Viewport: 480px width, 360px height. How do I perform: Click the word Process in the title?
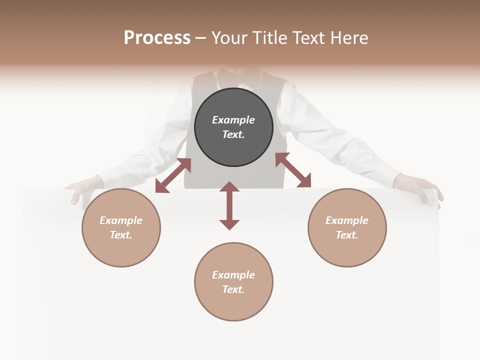pyautogui.click(x=157, y=38)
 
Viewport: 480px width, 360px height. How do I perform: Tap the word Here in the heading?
pyautogui.click(x=348, y=38)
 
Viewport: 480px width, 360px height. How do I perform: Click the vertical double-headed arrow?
pyautogui.click(x=229, y=205)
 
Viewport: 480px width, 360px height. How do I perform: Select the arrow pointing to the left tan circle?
pyautogui.click(x=173, y=175)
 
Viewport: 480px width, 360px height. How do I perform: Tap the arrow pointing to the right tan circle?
pyautogui.click(x=293, y=170)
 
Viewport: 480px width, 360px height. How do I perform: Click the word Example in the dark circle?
pyautogui.click(x=233, y=120)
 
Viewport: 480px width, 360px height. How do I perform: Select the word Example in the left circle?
pyautogui.click(x=121, y=220)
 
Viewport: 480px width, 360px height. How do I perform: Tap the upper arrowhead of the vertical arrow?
pyautogui.click(x=229, y=186)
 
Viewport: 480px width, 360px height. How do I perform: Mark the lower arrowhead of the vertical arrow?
pyautogui.click(x=229, y=224)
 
